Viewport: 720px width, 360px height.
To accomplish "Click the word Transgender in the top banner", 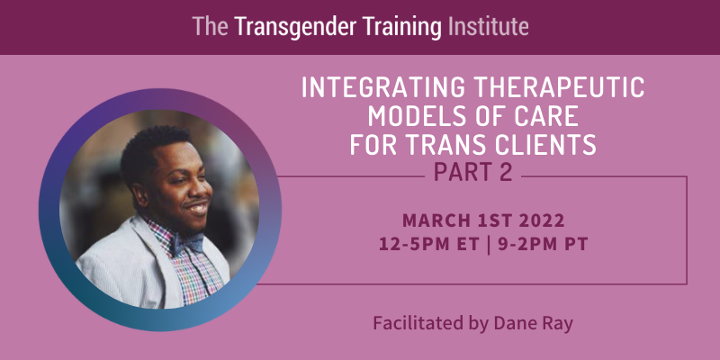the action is tap(295, 27).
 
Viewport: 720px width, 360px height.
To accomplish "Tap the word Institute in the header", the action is tap(488, 27).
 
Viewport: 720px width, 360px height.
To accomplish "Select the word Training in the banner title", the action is tap(401, 27).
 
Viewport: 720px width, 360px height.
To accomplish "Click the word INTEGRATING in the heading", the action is tap(384, 87).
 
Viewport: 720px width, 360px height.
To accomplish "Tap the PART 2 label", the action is tap(472, 172).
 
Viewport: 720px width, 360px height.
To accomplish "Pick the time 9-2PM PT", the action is tap(542, 245).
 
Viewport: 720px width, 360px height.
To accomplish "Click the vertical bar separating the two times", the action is tap(488, 245).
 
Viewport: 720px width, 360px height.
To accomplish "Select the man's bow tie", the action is tap(187, 243).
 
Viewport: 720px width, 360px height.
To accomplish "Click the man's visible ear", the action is tap(141, 194).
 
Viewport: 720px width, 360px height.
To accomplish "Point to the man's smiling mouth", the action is tap(199, 209).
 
